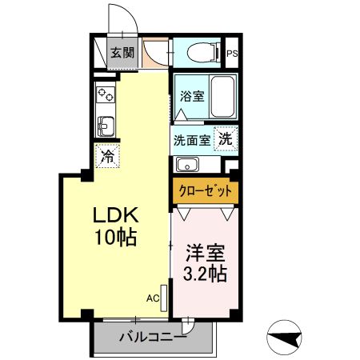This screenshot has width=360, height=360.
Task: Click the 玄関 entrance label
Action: click(x=122, y=54)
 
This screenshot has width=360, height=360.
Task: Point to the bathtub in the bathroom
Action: click(x=221, y=97)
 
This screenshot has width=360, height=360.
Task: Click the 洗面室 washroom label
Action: click(x=192, y=138)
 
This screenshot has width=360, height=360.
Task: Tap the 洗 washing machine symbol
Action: click(x=227, y=138)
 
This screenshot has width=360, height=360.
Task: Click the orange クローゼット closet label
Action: click(x=205, y=192)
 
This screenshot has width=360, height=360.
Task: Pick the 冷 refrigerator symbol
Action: click(x=106, y=156)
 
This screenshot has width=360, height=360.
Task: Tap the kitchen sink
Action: click(x=105, y=126)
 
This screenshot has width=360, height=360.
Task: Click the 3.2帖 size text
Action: click(x=205, y=275)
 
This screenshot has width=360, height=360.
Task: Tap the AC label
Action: click(x=151, y=298)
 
